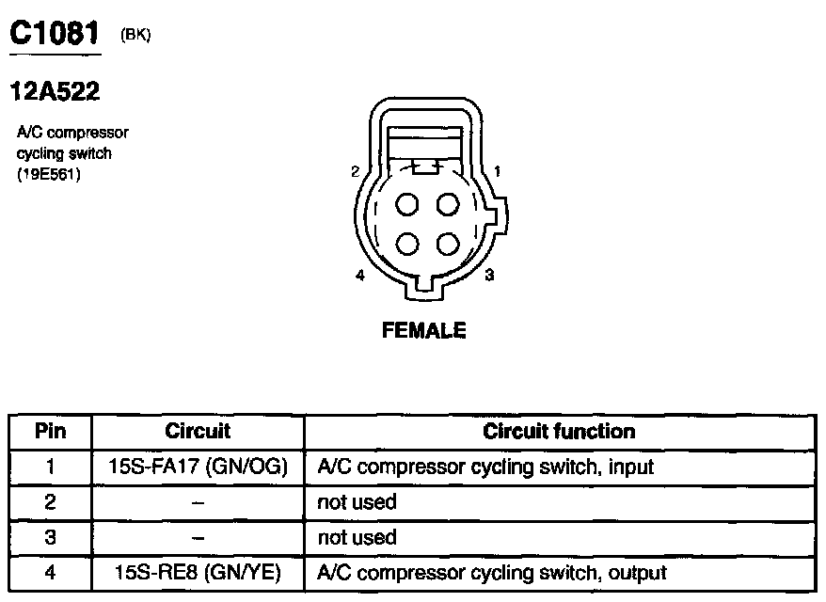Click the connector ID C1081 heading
click(x=54, y=34)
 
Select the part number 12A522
click(x=55, y=92)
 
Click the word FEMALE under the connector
click(x=423, y=330)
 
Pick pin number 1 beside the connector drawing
click(x=497, y=171)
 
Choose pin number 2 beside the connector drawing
click(x=355, y=171)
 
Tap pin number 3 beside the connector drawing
click(x=489, y=276)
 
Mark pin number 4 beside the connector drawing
click(x=360, y=276)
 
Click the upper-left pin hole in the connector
click(x=407, y=204)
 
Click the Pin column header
click(x=51, y=432)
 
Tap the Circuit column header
click(x=198, y=432)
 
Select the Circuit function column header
click(x=559, y=432)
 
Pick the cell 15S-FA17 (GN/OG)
click(x=198, y=466)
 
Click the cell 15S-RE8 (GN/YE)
click(x=198, y=572)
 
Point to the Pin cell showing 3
click(x=51, y=537)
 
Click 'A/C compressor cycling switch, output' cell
click(x=492, y=572)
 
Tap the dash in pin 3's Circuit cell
click(x=198, y=537)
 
